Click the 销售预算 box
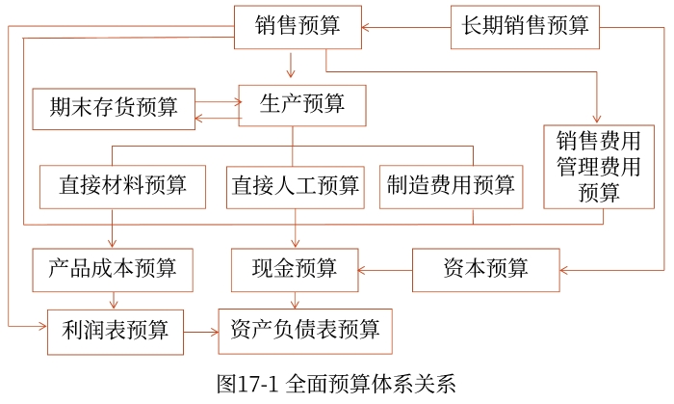point(298,26)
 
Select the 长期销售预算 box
point(525,26)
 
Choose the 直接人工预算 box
point(295,185)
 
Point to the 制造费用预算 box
point(451,185)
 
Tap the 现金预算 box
point(295,268)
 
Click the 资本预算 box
point(485,268)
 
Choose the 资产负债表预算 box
point(305,331)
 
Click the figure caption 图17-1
point(336,384)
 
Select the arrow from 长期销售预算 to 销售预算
point(405,26)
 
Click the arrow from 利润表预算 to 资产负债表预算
point(201,332)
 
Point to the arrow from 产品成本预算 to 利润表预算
point(114,299)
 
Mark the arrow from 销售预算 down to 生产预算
point(290,67)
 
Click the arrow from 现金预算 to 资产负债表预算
point(295,299)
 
